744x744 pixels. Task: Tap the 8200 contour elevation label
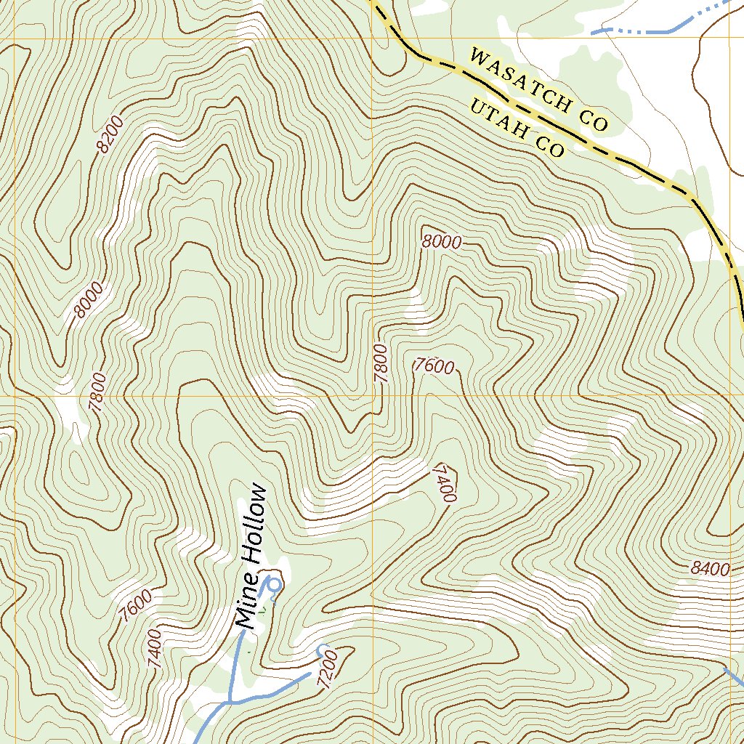[x=110, y=134]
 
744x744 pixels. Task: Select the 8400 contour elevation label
[x=710, y=570]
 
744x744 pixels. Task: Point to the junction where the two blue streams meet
[x=230, y=702]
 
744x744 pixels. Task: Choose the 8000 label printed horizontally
[x=441, y=243]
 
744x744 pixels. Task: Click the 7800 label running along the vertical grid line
[x=381, y=363]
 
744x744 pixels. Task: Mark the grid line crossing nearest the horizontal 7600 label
[x=372, y=396]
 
